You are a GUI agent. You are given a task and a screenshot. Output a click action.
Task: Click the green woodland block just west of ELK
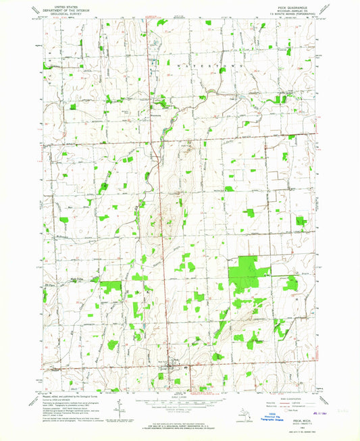pos(110,287)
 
